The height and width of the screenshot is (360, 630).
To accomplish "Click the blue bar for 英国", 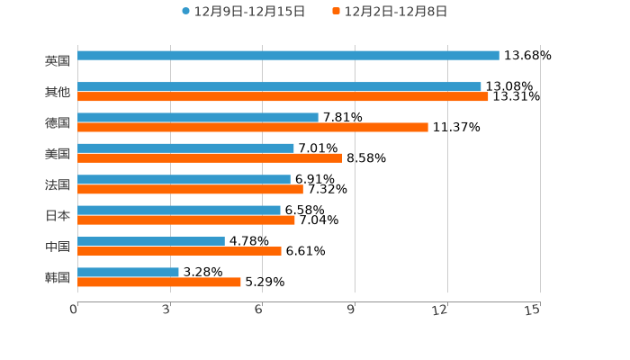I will pos(288,56).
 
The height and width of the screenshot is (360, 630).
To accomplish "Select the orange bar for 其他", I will pos(283,96).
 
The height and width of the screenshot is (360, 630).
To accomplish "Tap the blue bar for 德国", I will pos(198,117).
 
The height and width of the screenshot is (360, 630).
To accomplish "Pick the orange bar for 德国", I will pos(253,128).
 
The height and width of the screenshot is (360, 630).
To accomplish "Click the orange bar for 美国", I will pos(210,158).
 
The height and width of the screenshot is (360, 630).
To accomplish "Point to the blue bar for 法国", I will pos(184,179).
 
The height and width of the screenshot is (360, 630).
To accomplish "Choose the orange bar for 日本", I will pos(186,220).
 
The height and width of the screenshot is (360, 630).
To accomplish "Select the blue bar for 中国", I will pos(151,241).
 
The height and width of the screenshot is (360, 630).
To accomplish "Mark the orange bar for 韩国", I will pos(159,283).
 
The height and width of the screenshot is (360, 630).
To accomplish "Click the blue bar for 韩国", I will pos(128,272).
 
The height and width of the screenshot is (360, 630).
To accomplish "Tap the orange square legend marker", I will pos(337,12).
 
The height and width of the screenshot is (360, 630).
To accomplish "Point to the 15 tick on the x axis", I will pos(532,310).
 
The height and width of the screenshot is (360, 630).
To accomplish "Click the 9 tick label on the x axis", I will pos(351,310).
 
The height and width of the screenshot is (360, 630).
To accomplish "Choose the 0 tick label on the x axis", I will pos(74,310).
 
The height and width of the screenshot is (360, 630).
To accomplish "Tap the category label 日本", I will pos(58,216).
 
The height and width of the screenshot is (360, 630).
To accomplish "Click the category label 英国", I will pos(58,61).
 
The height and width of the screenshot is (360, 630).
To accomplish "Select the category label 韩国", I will pos(58,278).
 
